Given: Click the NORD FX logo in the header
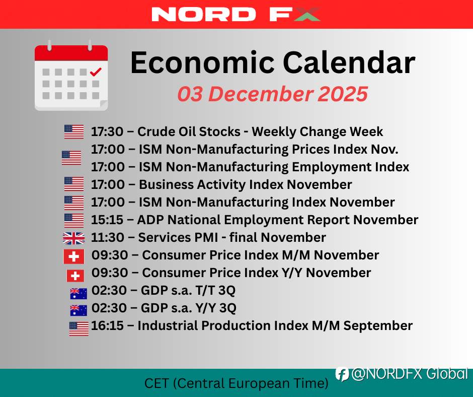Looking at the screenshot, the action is (x=235, y=14).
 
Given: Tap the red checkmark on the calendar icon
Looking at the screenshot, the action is (x=96, y=72).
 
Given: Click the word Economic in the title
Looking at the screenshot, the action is (x=202, y=62).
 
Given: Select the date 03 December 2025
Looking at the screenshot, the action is (x=273, y=94).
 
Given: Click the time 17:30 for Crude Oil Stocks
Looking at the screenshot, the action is (x=107, y=131).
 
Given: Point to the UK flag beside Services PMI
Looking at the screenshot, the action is (x=73, y=238).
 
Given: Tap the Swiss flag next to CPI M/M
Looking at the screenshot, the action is (x=73, y=257).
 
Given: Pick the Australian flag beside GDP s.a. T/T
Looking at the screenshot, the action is (x=78, y=293).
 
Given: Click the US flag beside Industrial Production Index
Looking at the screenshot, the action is (x=78, y=328).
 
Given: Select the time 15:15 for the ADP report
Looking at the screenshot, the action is (x=107, y=220).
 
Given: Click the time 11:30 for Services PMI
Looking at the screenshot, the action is (x=107, y=237).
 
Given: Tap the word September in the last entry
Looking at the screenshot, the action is (x=378, y=325).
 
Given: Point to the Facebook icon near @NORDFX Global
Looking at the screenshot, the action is (x=342, y=374).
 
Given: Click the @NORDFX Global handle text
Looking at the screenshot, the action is (x=410, y=374).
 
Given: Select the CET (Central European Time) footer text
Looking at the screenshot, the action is (x=236, y=383).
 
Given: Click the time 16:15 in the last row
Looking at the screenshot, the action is (x=107, y=325).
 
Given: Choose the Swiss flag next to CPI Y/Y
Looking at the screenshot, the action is (x=75, y=276).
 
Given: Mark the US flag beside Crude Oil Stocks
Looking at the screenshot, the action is (x=74, y=131).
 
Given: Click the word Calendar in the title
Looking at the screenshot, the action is (x=349, y=62).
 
